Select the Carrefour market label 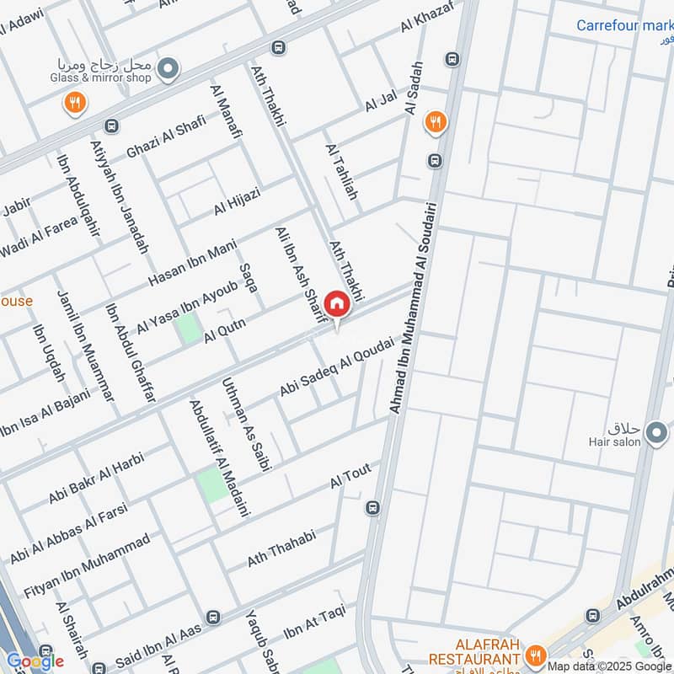click(624, 25)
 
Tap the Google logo click(35, 661)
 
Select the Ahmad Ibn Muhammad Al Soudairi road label click(415, 308)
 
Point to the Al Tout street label click(350, 476)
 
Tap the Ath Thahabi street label click(281, 548)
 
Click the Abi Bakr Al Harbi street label click(97, 480)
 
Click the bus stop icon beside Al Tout click(372, 508)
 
